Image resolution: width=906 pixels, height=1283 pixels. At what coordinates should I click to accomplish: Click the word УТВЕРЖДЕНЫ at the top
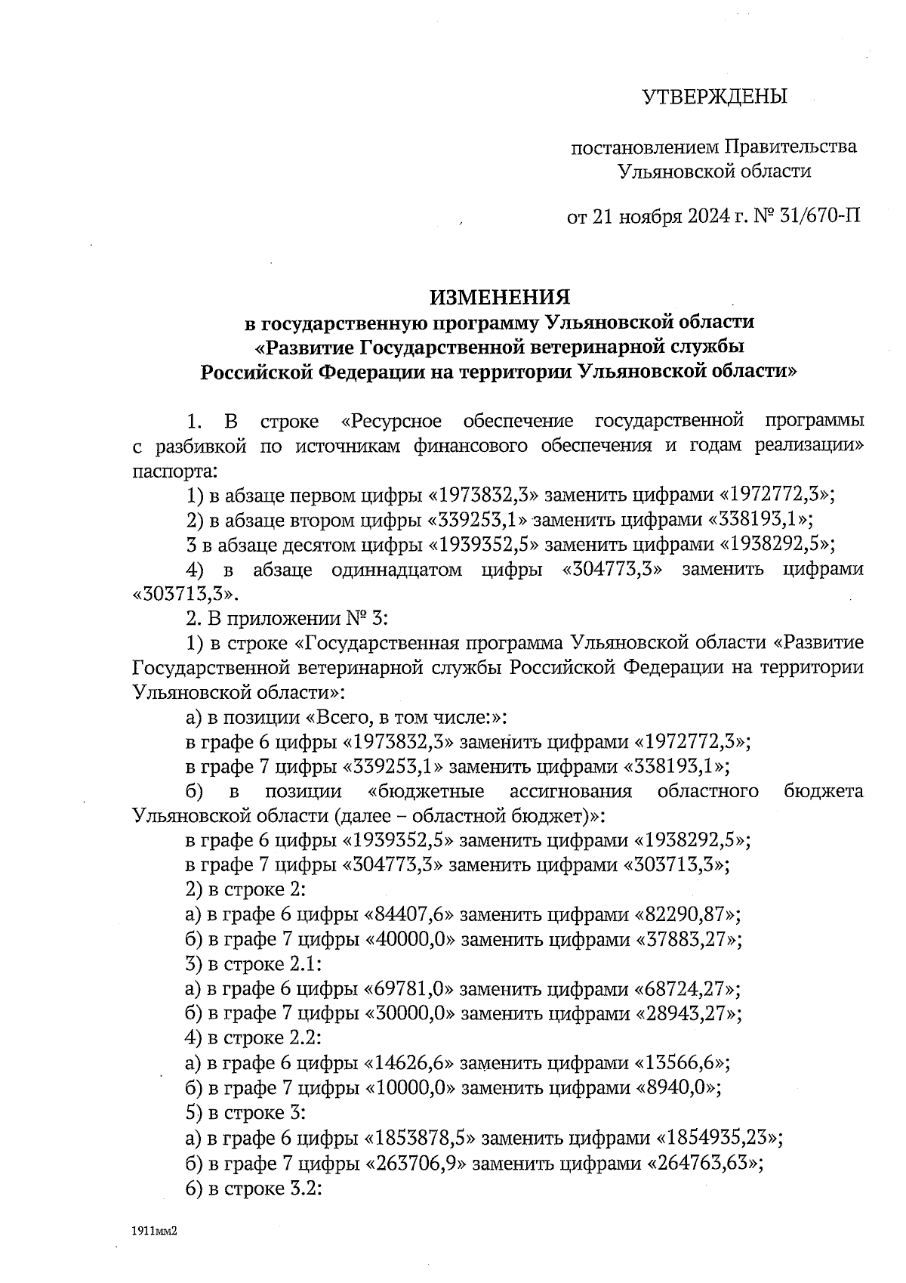[x=713, y=97]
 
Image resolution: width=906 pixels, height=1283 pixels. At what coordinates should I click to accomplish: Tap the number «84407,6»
[x=409, y=915]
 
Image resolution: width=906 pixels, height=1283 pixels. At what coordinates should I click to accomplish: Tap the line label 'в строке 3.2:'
[x=265, y=1187]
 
